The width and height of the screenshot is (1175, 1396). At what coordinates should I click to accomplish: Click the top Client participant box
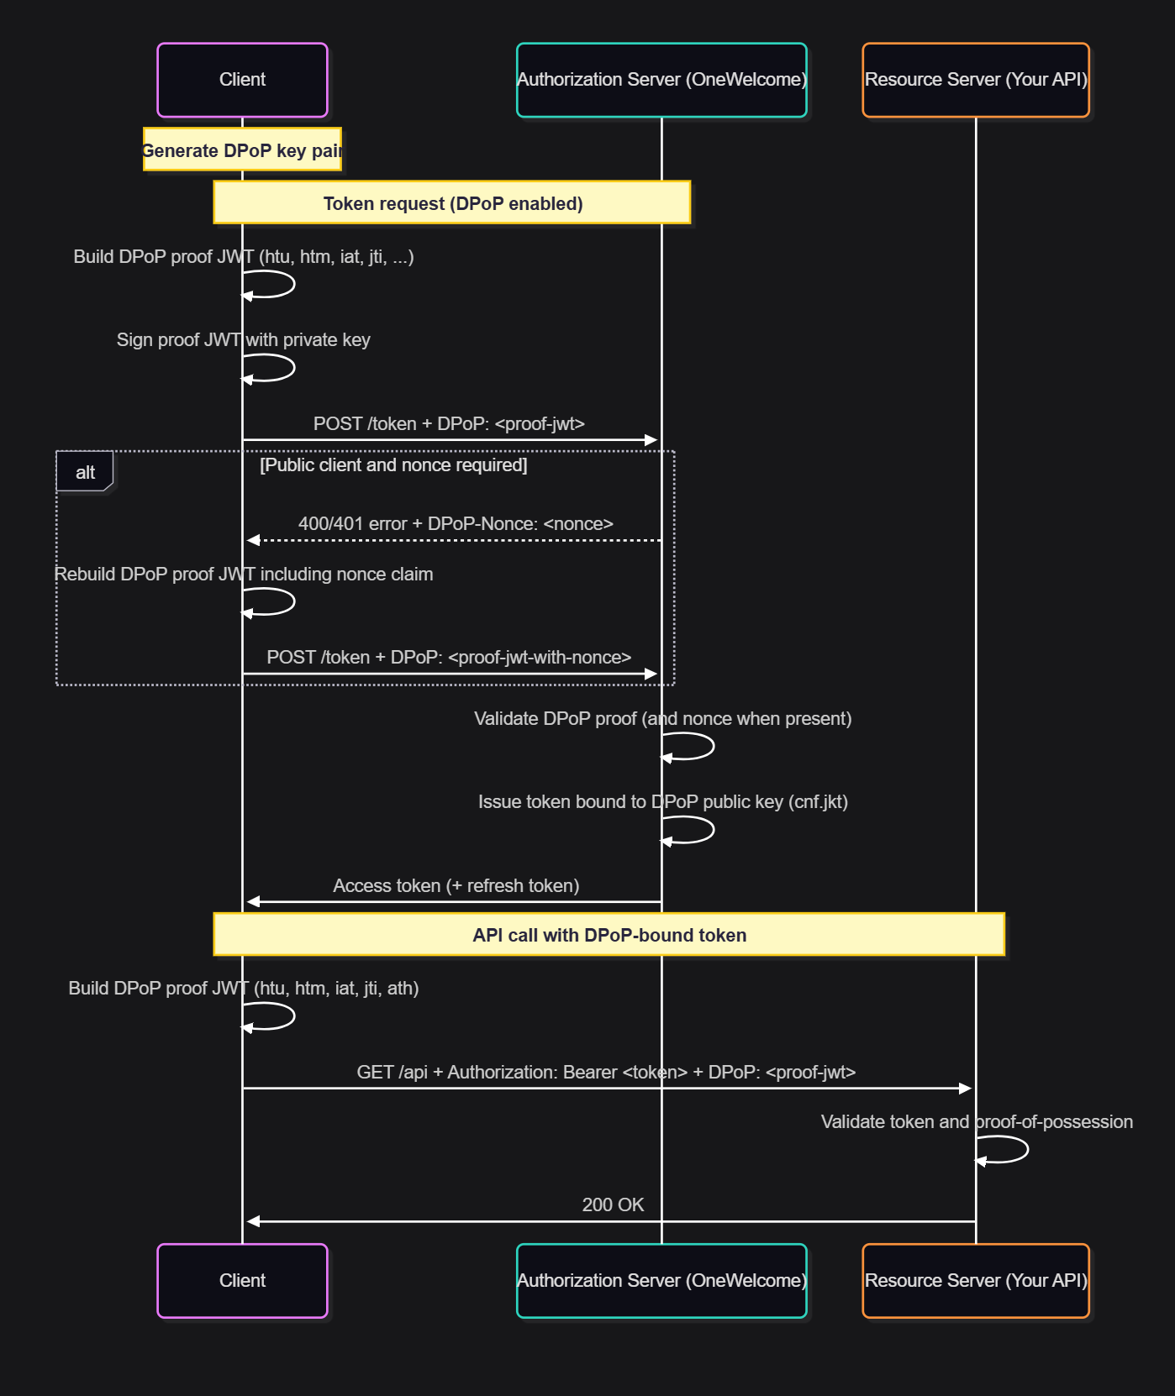pyautogui.click(x=242, y=80)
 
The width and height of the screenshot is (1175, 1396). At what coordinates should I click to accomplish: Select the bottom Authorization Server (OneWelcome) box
pyautogui.click(x=661, y=1280)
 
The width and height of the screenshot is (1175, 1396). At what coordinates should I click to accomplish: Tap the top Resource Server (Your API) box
pyautogui.click(x=976, y=80)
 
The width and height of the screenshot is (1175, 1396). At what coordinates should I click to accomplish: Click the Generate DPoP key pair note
pyautogui.click(x=242, y=150)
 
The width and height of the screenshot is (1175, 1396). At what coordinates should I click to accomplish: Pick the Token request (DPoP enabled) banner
pyautogui.click(x=452, y=203)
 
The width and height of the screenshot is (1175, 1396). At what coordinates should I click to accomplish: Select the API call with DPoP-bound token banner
pyautogui.click(x=609, y=935)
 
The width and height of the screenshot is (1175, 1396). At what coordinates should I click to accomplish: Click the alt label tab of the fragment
pyautogui.click(x=85, y=472)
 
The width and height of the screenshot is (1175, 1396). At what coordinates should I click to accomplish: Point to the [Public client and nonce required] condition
pyautogui.click(x=393, y=465)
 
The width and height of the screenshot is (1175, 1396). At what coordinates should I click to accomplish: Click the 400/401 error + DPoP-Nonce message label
pyautogui.click(x=456, y=524)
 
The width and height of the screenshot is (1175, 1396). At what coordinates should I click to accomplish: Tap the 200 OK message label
pyautogui.click(x=613, y=1204)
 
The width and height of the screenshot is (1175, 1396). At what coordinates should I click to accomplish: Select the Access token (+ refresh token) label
pyautogui.click(x=456, y=886)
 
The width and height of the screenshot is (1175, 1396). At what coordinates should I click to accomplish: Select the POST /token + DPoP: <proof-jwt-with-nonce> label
pyautogui.click(x=449, y=658)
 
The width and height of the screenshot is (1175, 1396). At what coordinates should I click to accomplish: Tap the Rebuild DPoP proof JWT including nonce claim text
pyautogui.click(x=244, y=575)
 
